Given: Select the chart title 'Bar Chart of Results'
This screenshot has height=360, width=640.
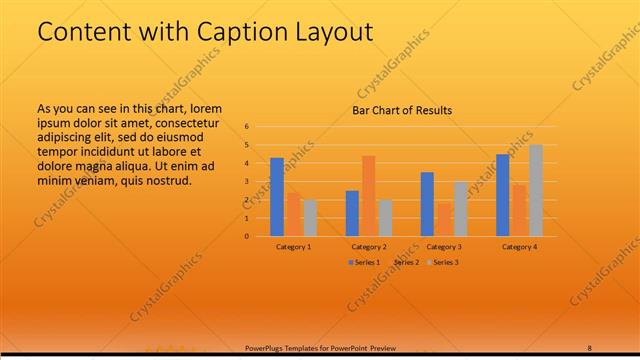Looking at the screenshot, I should [x=402, y=110].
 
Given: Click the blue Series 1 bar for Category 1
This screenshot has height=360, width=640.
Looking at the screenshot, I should [x=277, y=196].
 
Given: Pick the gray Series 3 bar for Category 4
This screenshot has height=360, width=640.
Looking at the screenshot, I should [x=536, y=190].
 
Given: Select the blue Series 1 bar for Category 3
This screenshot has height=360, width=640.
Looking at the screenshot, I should [x=427, y=204].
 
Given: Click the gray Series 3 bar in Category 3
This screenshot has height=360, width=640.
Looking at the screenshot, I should [x=460, y=208].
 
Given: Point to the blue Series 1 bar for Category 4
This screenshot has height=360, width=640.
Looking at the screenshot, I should [x=503, y=195].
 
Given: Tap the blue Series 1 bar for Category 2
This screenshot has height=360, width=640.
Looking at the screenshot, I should [x=352, y=213].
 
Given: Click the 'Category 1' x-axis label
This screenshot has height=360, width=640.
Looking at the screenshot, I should [x=294, y=246].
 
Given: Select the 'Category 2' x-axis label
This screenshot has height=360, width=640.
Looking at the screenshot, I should [x=369, y=246].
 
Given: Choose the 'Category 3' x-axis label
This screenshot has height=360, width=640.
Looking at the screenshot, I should [x=444, y=246].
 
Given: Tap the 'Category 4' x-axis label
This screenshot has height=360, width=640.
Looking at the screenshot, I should [x=519, y=246].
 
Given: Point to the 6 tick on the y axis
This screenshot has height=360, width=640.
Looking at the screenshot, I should [x=246, y=127].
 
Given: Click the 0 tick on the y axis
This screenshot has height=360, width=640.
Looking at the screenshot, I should [x=246, y=237].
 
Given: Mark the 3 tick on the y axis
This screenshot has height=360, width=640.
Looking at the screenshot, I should [x=246, y=182].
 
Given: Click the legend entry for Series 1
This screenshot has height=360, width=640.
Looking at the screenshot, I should [x=364, y=262].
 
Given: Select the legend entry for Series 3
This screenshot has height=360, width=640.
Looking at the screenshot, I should [x=443, y=262].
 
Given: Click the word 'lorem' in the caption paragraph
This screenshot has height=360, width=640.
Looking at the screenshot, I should [x=205, y=108].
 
